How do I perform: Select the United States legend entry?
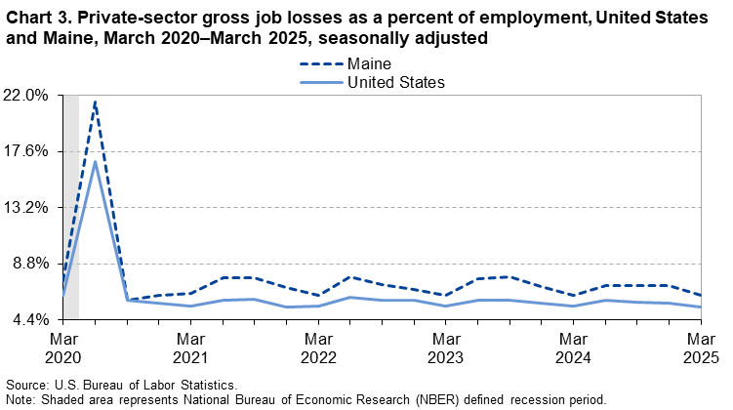coord(396,83)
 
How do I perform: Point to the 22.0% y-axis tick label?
coord(28,96)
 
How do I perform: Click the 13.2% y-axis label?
coord(28,207)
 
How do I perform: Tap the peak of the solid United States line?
coord(95,160)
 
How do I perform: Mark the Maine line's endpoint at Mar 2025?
coord(701,295)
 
